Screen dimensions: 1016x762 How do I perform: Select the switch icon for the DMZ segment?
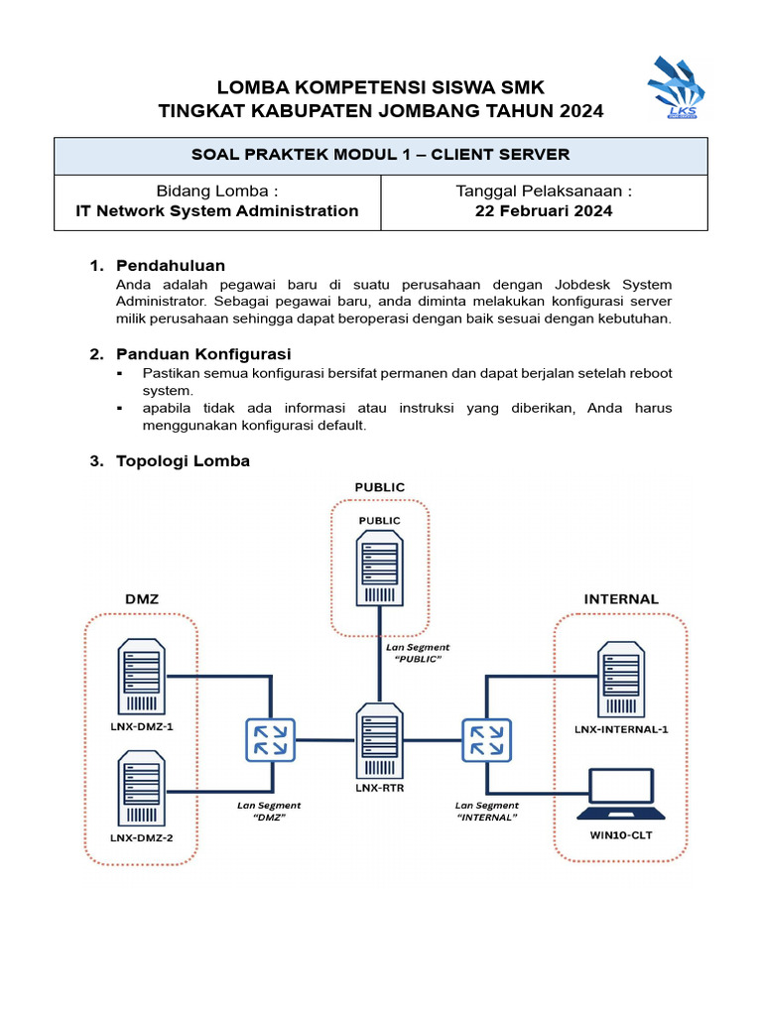click(269, 740)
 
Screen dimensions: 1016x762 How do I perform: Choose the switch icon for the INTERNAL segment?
click(485, 740)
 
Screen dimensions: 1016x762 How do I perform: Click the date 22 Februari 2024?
click(544, 210)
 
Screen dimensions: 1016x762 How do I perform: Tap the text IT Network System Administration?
click(217, 210)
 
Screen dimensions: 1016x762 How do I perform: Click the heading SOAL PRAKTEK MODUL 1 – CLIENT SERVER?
click(380, 155)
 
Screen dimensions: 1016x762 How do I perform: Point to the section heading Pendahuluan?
click(171, 266)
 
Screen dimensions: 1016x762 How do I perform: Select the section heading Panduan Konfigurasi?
click(203, 354)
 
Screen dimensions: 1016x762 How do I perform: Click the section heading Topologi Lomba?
click(183, 461)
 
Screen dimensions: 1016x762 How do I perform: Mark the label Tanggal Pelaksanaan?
click(544, 190)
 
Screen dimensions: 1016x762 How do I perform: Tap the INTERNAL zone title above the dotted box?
click(620, 599)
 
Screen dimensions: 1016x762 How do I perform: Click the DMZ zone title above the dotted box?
click(141, 599)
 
